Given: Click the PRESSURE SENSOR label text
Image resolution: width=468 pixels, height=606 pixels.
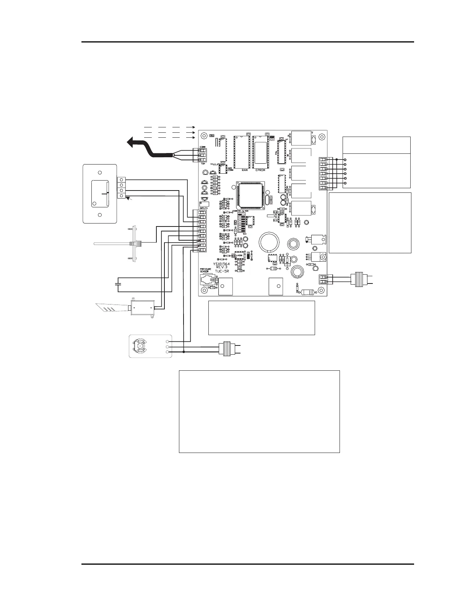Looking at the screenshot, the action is coord(205,270).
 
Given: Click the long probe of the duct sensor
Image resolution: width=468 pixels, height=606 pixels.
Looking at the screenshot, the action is coord(111,243).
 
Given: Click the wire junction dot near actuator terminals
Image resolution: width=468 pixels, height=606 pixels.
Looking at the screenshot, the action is coord(184,352).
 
